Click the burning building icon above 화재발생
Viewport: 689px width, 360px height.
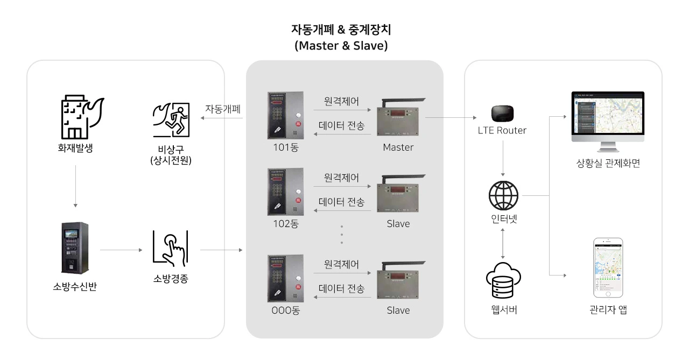[x=78, y=116]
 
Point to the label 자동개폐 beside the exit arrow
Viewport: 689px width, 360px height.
[x=223, y=109]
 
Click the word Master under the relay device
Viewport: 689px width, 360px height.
[x=398, y=147]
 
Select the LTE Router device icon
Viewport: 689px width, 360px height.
[x=502, y=113]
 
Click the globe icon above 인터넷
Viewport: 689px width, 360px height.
[x=503, y=196]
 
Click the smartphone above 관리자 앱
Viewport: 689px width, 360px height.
[x=608, y=267]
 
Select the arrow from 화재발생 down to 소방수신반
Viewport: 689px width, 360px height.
[x=76, y=186]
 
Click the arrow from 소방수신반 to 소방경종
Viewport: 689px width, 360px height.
[x=121, y=250]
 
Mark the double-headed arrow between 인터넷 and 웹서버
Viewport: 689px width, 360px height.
[x=503, y=243]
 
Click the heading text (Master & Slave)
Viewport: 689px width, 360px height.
[x=341, y=46]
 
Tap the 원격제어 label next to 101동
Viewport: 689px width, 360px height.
[x=341, y=101]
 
